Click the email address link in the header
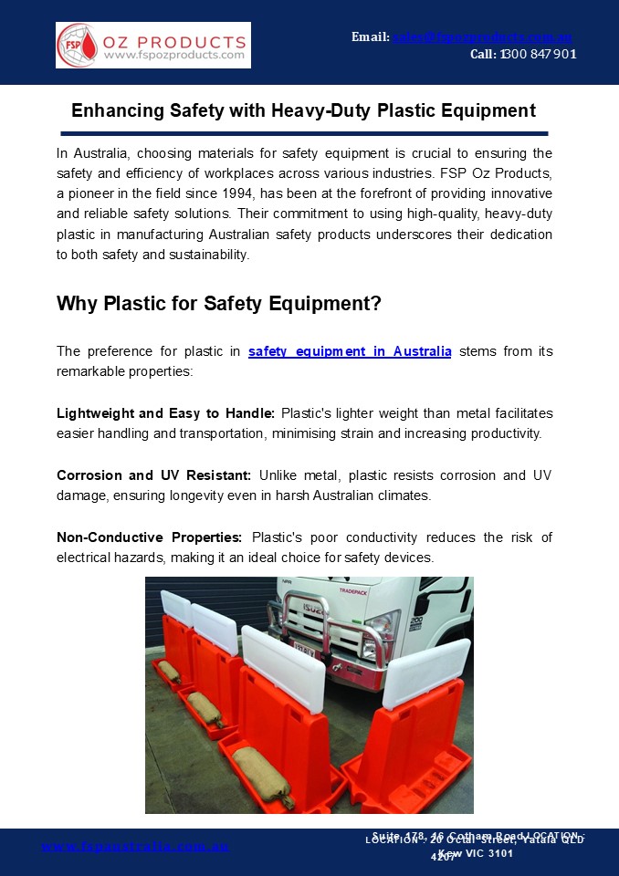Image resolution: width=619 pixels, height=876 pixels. click(482, 36)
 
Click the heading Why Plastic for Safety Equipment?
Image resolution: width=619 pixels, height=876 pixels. click(219, 303)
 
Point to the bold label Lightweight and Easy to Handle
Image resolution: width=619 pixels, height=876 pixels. click(165, 413)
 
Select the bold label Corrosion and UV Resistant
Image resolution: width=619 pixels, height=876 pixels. click(153, 475)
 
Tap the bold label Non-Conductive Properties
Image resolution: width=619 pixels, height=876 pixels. click(149, 537)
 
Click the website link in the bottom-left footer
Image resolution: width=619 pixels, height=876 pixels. click(136, 847)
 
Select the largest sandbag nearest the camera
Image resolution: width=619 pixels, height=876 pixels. click(261, 772)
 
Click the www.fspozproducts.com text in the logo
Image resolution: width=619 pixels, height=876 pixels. click(174, 56)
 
